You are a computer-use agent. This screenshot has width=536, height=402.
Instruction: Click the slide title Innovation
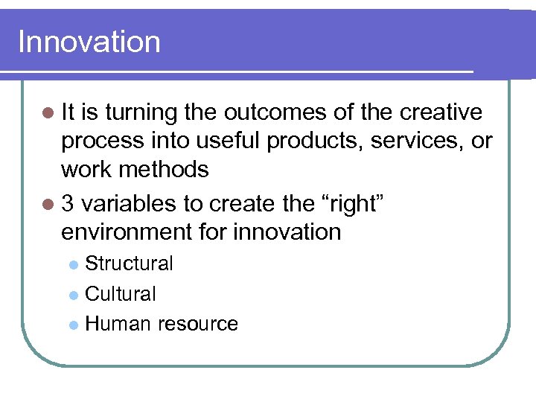pyautogui.click(x=89, y=42)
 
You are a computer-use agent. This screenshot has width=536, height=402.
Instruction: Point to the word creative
pyautogui.click(x=441, y=112)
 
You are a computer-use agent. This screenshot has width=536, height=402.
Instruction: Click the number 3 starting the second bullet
pyautogui.click(x=68, y=203)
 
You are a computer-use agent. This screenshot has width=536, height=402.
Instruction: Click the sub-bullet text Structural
pyautogui.click(x=129, y=264)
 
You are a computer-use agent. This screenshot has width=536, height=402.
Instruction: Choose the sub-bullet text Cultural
pyautogui.click(x=121, y=294)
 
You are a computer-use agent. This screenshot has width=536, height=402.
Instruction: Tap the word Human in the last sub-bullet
pyautogui.click(x=116, y=324)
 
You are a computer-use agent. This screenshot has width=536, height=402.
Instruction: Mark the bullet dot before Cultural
pyautogui.click(x=72, y=295)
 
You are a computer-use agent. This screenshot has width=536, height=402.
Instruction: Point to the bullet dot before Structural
pyautogui.click(x=72, y=264)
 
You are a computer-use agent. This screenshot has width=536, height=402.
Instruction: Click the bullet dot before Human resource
pyautogui.click(x=72, y=325)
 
